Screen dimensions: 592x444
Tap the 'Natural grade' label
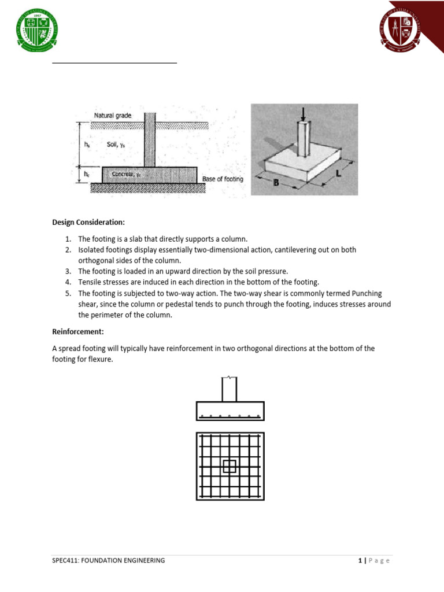click(x=113, y=116)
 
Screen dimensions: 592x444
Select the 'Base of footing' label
click(x=223, y=179)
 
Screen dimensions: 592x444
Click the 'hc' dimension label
click(x=87, y=173)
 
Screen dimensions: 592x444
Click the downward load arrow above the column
click(x=302, y=114)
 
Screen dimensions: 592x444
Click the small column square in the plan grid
click(x=230, y=466)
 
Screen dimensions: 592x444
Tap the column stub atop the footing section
click(x=230, y=389)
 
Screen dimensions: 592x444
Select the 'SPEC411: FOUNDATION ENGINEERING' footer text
click(x=108, y=560)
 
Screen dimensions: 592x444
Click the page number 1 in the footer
click(x=359, y=560)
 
